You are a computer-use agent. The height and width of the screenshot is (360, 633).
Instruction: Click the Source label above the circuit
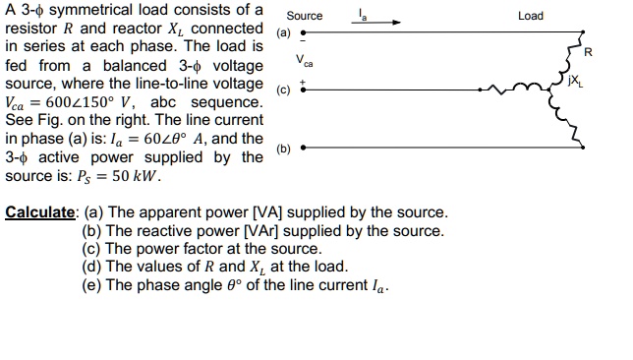tap(304, 16)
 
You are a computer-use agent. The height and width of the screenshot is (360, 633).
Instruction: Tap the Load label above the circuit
tap(530, 16)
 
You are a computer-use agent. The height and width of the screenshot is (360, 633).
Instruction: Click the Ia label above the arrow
tap(363, 13)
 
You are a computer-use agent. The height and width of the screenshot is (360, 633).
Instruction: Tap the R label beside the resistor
tap(588, 51)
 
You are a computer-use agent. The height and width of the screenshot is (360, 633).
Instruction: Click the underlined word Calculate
tap(40, 212)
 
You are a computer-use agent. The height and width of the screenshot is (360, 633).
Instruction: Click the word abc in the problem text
tap(175, 102)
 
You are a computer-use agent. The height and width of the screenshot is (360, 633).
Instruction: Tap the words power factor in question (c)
tap(186, 249)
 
